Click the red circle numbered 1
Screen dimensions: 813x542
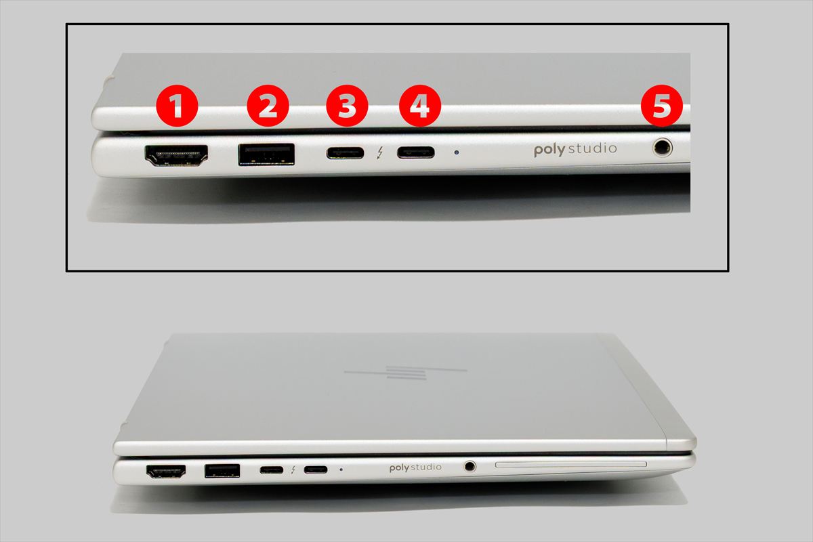[x=177, y=106]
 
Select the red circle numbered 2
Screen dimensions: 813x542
[x=268, y=106]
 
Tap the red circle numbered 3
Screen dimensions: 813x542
[x=348, y=106]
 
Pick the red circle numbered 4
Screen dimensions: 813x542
[x=420, y=106]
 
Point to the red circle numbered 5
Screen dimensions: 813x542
[x=662, y=106]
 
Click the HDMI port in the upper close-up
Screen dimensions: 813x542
[x=176, y=156]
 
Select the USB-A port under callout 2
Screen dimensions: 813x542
[x=266, y=154]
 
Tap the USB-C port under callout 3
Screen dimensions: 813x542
[x=345, y=153]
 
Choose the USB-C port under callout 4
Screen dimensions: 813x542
[x=415, y=152]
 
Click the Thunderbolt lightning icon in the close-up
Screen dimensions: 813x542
[x=380, y=153]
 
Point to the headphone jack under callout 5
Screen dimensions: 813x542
[x=663, y=148]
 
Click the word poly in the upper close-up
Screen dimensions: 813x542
[x=549, y=150]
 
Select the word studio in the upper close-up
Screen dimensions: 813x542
[x=592, y=148]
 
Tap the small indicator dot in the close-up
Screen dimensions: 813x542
[x=457, y=153]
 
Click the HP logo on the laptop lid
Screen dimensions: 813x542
[x=405, y=373]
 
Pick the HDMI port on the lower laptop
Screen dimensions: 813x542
[x=166, y=472]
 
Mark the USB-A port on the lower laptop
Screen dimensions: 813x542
[x=222, y=471]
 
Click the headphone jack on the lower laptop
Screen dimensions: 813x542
[x=470, y=465]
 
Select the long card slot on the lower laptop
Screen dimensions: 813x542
[x=571, y=465]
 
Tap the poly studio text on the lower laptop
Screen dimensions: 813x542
[x=415, y=467]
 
